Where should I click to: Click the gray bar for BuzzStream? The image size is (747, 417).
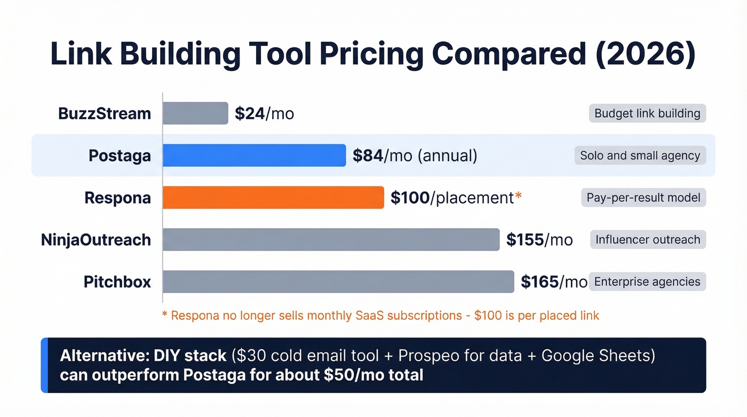[195, 113]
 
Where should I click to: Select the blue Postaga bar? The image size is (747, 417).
[254, 155]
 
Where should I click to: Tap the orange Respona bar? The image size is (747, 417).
[273, 198]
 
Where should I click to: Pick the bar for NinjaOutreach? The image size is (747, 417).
[331, 240]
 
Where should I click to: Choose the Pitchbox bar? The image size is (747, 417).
[338, 281]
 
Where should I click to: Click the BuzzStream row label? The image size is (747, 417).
[105, 113]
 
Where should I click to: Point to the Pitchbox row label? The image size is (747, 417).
[117, 281]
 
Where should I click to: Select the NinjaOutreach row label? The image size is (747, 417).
[96, 240]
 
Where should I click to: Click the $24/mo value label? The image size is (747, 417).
[264, 113]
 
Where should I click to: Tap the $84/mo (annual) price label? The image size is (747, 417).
[415, 155]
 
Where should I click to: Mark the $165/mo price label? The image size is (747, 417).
[554, 281]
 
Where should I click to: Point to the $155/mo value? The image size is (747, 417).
[539, 240]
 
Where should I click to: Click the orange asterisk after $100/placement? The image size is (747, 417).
[518, 196]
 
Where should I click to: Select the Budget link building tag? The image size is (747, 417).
[647, 113]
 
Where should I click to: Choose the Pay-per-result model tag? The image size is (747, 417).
[643, 198]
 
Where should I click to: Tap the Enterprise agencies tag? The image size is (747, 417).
[647, 281]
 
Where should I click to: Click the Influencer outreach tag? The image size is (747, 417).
[648, 240]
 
